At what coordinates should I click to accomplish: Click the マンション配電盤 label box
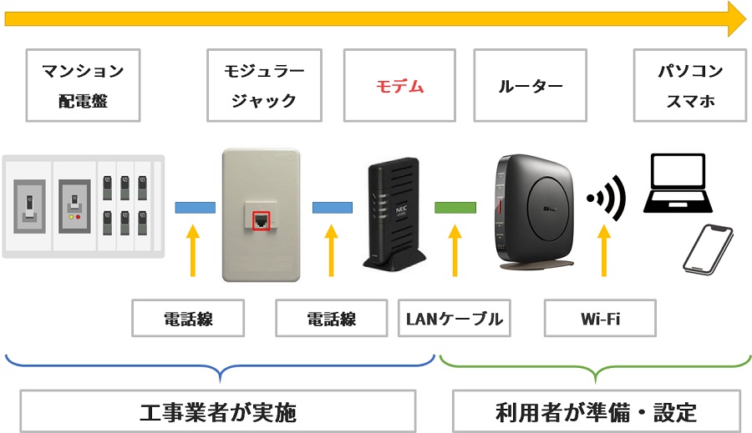click(83, 85)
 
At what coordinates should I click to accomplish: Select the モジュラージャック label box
click(263, 85)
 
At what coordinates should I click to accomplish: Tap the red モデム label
click(399, 85)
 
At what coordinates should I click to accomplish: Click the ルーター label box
click(530, 85)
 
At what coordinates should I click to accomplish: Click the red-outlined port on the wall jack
click(262, 220)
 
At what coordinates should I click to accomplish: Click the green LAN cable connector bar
click(455, 207)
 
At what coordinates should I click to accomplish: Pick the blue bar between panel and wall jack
click(195, 207)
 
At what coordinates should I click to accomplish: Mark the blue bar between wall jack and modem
click(333, 207)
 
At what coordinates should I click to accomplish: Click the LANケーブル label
click(455, 318)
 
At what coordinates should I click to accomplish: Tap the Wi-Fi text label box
click(600, 318)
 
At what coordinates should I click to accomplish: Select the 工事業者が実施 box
click(217, 412)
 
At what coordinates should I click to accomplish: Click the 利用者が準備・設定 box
click(596, 412)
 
